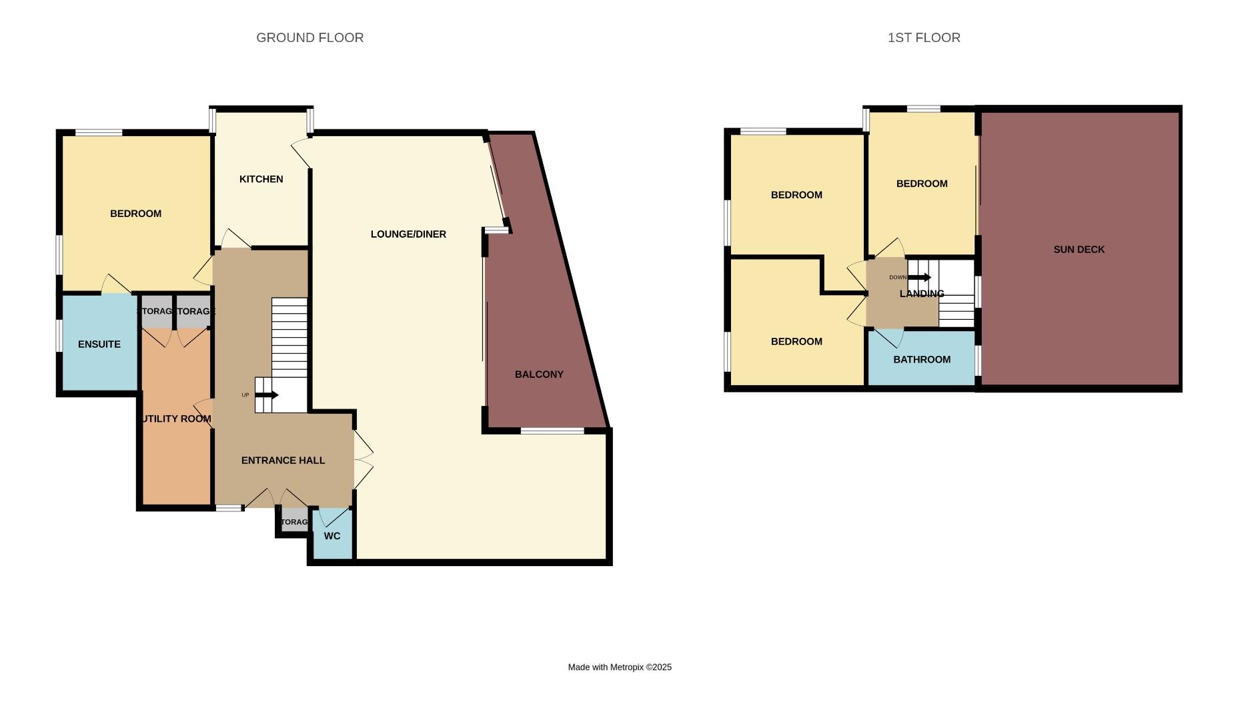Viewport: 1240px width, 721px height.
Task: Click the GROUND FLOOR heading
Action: click(309, 38)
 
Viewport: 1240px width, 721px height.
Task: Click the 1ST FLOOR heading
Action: click(924, 38)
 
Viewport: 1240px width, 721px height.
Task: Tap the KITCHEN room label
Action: click(261, 179)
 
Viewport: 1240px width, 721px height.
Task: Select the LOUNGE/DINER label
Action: click(408, 234)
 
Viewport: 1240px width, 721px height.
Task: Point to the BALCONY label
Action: click(539, 375)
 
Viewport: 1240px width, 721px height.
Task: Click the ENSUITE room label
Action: click(99, 344)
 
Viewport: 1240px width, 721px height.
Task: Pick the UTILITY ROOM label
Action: click(176, 419)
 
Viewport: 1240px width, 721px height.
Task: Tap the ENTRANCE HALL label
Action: click(283, 461)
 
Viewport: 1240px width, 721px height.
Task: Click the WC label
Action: click(332, 536)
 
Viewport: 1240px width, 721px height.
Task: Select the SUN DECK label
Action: click(1079, 250)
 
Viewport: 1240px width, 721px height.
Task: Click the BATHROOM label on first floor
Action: click(922, 360)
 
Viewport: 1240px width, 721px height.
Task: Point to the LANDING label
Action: click(922, 294)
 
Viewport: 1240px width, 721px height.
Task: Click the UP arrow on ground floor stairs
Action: click(266, 395)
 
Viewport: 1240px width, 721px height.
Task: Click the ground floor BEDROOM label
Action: click(135, 214)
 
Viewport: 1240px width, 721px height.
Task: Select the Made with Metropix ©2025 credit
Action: click(620, 667)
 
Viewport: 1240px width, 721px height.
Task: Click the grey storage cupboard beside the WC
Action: click(294, 522)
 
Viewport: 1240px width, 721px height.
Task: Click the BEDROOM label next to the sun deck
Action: click(922, 184)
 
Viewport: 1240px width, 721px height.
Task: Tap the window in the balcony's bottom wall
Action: click(552, 431)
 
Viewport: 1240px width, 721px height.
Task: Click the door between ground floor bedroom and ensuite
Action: click(116, 286)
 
